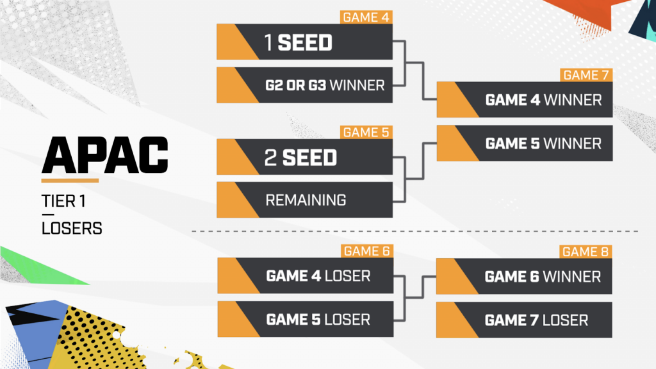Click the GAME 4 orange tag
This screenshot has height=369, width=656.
(366, 17)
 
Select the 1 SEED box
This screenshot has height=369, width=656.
(304, 42)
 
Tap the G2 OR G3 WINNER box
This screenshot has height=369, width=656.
(304, 85)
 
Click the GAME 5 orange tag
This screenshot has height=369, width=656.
(366, 132)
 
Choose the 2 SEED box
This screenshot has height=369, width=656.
(304, 157)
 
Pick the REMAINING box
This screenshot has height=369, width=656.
(304, 200)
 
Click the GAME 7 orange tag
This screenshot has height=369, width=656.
(586, 75)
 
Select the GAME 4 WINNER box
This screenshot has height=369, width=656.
(525, 99)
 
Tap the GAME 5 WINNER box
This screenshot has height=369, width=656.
(525, 143)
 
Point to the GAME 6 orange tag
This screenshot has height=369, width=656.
(367, 251)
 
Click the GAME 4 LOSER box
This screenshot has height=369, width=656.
(306, 275)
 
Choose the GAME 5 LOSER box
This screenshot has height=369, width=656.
(306, 319)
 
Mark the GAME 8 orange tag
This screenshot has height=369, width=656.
(586, 252)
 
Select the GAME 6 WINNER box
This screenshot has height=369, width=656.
(524, 277)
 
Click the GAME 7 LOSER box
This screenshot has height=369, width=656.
(524, 320)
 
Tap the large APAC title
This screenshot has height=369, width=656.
(105, 155)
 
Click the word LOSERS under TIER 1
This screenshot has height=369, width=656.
(72, 229)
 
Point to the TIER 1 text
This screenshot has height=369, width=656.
(63, 201)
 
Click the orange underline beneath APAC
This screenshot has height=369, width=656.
(70, 181)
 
